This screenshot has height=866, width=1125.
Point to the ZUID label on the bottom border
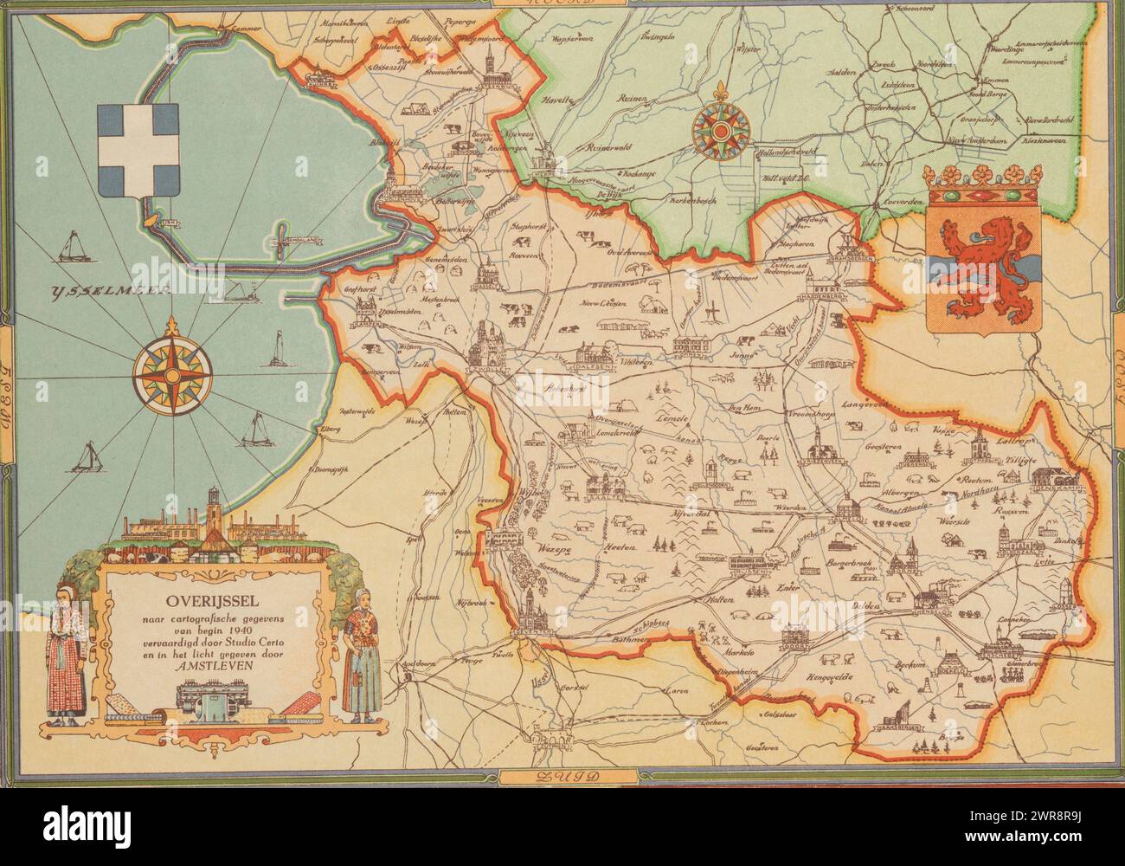[x=562, y=775]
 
